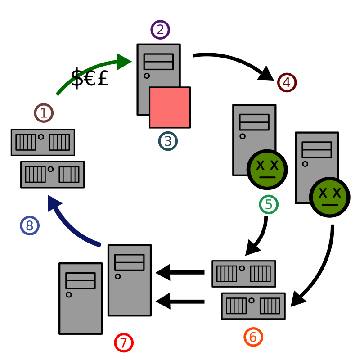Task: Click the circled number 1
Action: click(44, 113)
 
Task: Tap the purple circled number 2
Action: click(160, 30)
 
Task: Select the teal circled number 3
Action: click(168, 141)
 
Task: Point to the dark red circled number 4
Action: click(287, 82)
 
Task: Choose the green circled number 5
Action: click(269, 204)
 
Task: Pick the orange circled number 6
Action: click(253, 337)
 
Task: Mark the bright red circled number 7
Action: click(124, 342)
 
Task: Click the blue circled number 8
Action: click(30, 225)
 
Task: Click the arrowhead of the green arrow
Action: click(123, 62)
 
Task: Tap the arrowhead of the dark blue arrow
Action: click(53, 202)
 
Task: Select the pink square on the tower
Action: click(170, 108)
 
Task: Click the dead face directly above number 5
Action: click(267, 169)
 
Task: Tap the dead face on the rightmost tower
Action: click(329, 197)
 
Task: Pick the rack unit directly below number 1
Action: click(43, 142)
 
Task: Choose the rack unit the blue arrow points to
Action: click(52, 175)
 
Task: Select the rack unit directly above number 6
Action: click(253, 306)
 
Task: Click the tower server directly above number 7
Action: click(130, 280)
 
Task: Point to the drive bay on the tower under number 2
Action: click(158, 62)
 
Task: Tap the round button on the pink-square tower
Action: click(147, 76)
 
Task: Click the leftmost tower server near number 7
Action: click(81, 298)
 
